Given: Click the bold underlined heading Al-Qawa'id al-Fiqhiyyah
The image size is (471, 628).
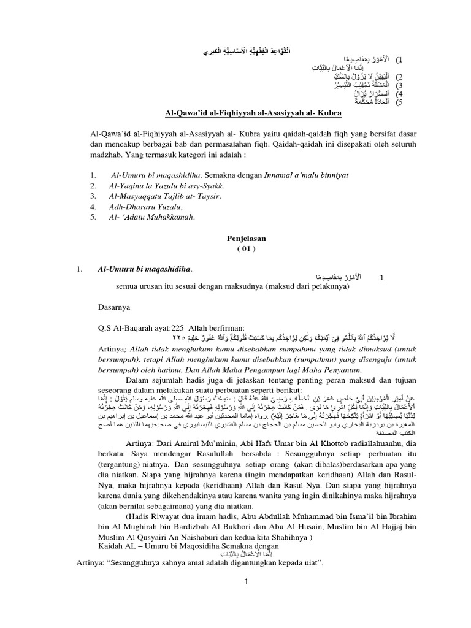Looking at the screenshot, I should [x=245, y=114].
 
